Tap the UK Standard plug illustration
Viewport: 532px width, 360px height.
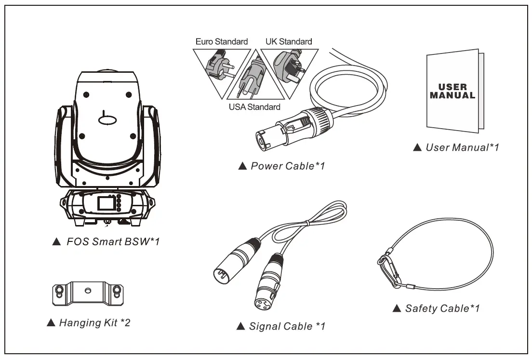click(x=288, y=65)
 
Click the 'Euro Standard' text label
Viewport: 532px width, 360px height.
click(x=222, y=41)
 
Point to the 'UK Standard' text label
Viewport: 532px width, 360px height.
click(x=289, y=41)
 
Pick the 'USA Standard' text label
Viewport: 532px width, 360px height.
click(x=254, y=107)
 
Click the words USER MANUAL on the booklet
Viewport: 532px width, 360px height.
click(x=452, y=91)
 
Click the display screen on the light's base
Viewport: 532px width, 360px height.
click(x=105, y=203)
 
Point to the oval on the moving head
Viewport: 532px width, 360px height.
click(x=109, y=119)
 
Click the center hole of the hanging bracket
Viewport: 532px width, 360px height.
click(x=87, y=291)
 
